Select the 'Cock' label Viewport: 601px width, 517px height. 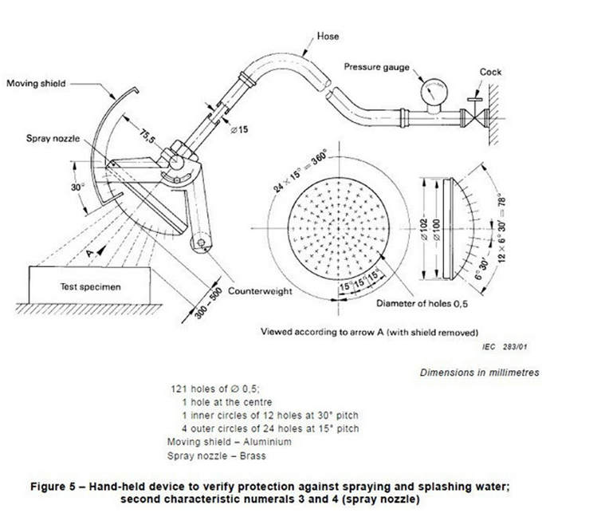coord(490,72)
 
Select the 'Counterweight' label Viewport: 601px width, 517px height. coord(261,291)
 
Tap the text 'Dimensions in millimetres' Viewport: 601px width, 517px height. coord(479,373)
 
